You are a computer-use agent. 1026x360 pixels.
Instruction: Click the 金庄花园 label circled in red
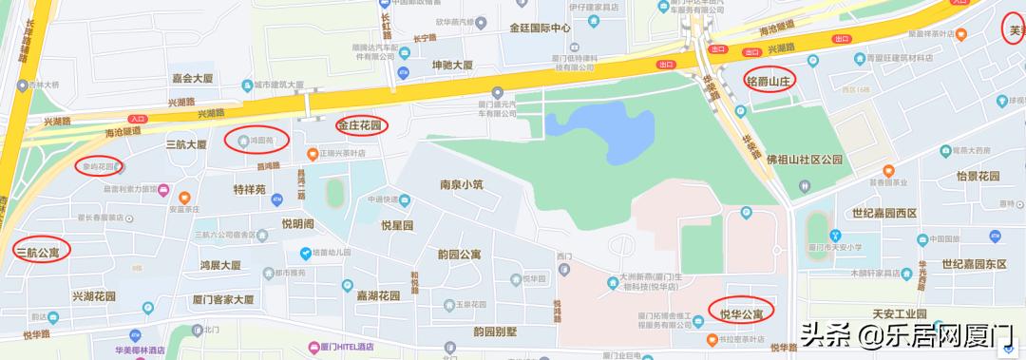(358, 124)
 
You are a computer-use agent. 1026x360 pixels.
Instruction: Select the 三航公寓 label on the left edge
(37, 252)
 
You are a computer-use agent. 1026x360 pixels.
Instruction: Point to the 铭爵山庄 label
(769, 80)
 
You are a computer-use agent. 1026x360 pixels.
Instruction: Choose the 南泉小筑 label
(462, 184)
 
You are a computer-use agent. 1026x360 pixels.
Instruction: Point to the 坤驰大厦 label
(452, 66)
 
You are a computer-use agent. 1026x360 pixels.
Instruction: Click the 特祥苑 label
(249, 189)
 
